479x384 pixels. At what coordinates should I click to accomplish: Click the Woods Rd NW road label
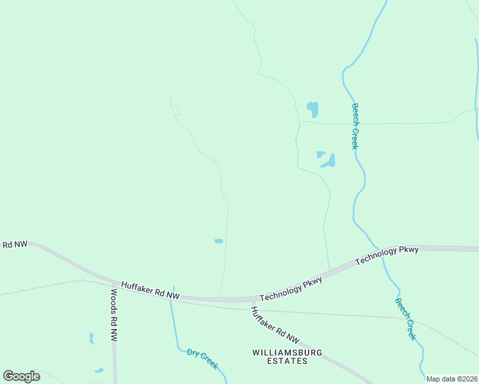pyautogui.click(x=113, y=315)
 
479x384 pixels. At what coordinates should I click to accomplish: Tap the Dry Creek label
pyautogui.click(x=202, y=359)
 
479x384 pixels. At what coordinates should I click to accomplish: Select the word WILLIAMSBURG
pyautogui.click(x=287, y=353)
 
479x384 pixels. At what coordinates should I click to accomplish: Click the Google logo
pyautogui.click(x=21, y=376)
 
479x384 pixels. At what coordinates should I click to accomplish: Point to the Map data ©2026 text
pyautogui.click(x=452, y=379)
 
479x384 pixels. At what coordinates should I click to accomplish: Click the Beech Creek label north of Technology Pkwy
pyautogui.click(x=355, y=126)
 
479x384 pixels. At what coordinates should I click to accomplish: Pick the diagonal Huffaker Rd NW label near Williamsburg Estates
pyautogui.click(x=275, y=324)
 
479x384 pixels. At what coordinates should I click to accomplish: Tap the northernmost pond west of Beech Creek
pyautogui.click(x=313, y=108)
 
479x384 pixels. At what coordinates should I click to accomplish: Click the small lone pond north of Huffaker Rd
pyautogui.click(x=218, y=241)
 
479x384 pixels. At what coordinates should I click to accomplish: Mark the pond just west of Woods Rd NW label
pyautogui.click(x=92, y=339)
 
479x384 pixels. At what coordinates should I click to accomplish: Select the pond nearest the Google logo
pyautogui.click(x=99, y=370)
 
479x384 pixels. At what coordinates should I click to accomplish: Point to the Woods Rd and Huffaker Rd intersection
pyautogui.click(x=115, y=284)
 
